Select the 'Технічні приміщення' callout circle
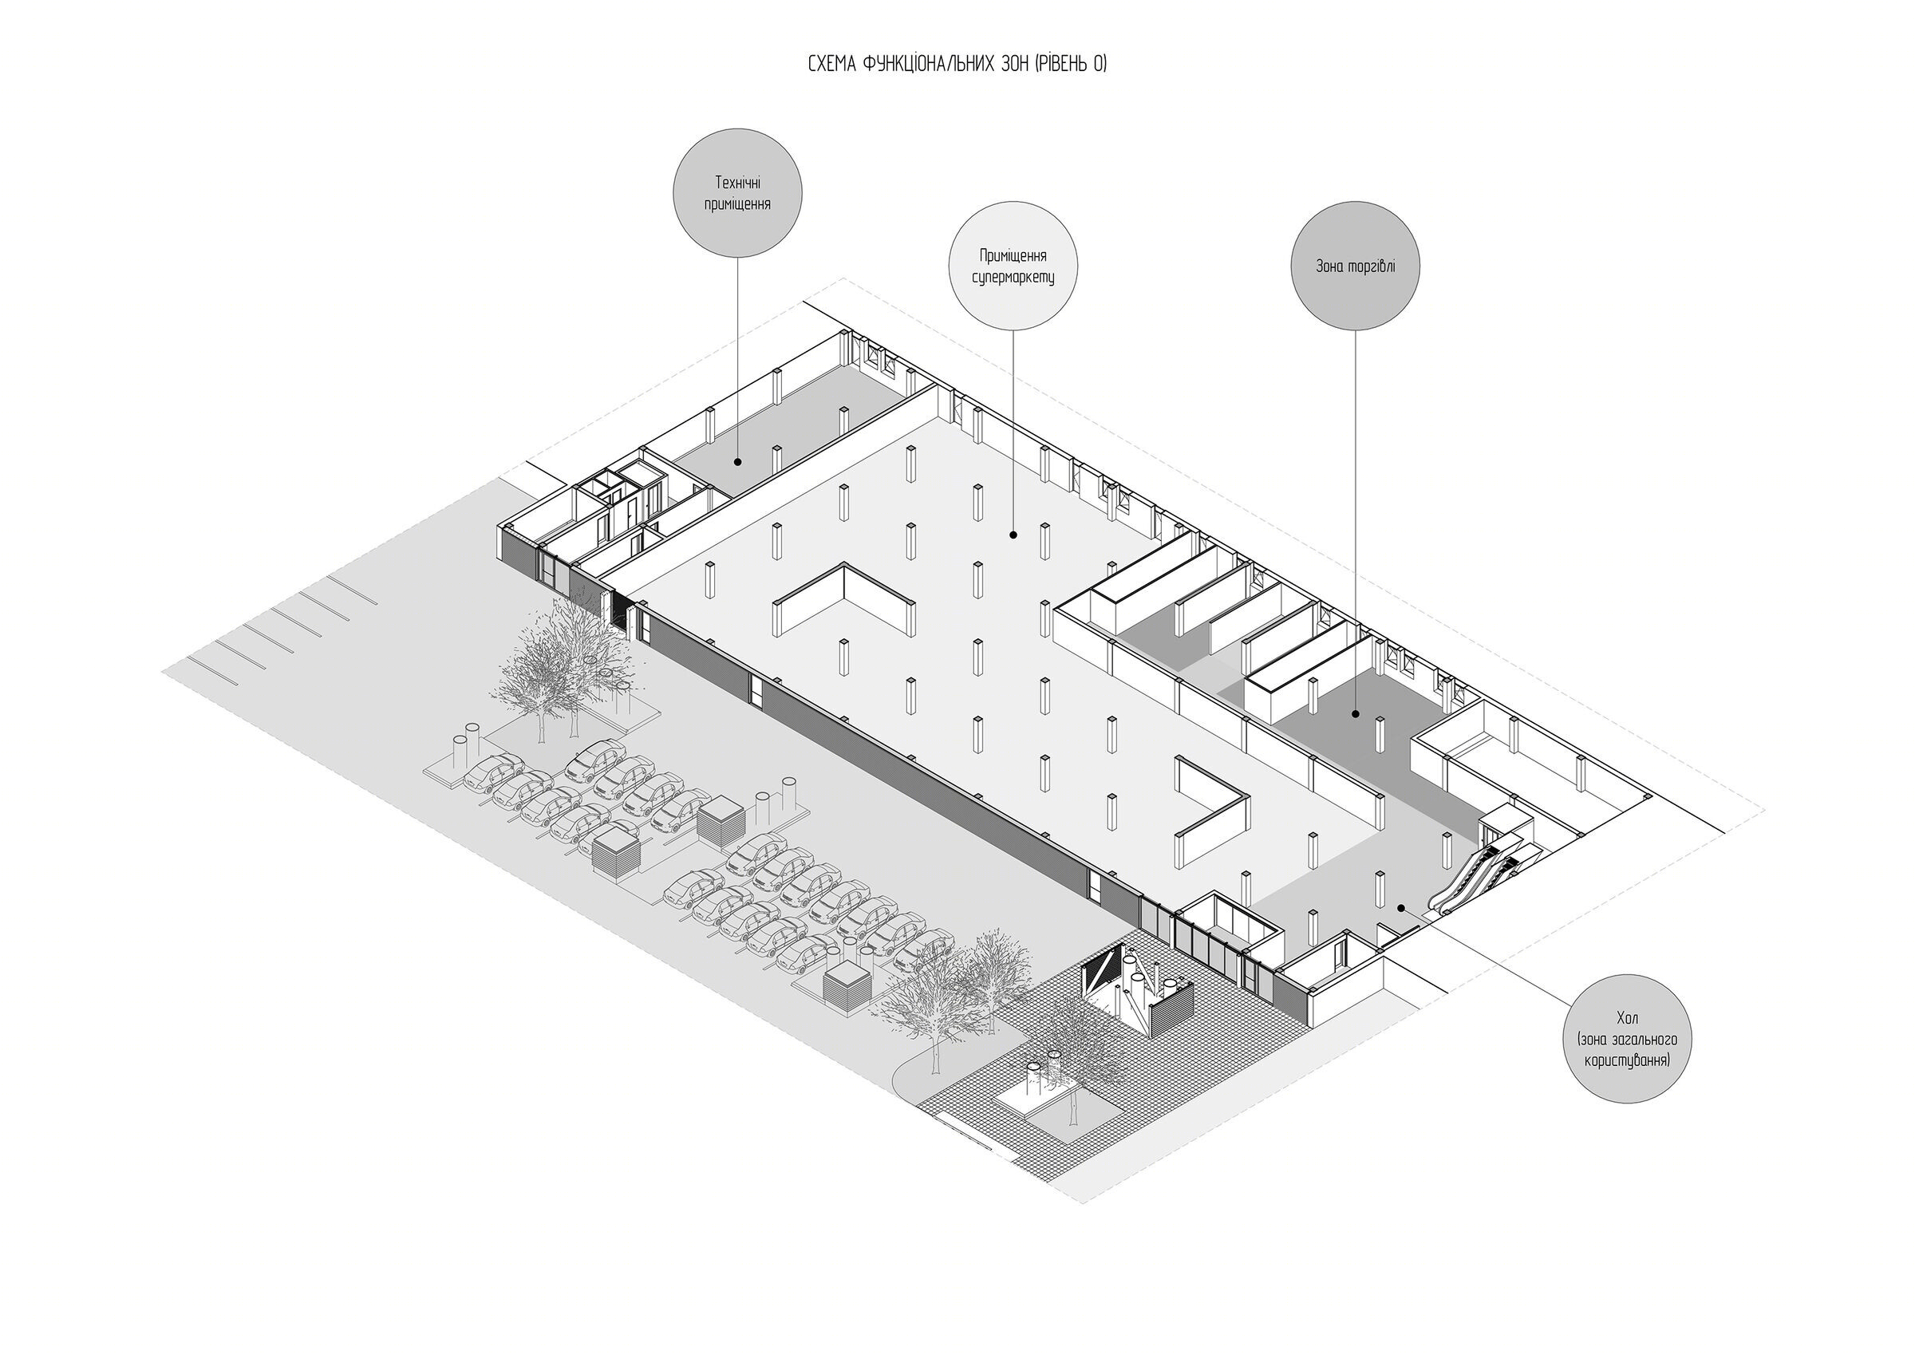(x=737, y=193)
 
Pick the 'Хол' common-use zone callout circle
(x=1626, y=1039)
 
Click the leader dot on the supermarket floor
(x=1013, y=535)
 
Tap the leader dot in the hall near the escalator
(x=1401, y=908)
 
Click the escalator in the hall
(x=1476, y=880)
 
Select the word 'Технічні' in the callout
(x=737, y=183)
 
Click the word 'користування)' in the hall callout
(x=1627, y=1061)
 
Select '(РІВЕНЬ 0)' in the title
(x=1071, y=65)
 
